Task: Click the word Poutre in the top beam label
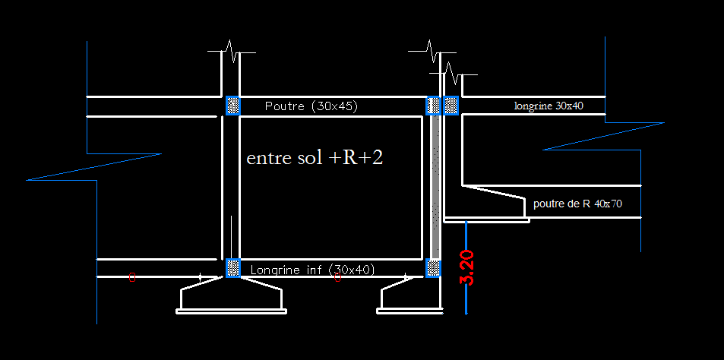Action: (285, 106)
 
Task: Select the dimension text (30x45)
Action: (335, 106)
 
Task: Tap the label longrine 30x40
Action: (549, 106)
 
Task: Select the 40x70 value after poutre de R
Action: (609, 204)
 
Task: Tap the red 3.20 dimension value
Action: (467, 268)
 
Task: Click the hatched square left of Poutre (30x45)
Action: (233, 106)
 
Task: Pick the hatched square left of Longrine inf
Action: (233, 268)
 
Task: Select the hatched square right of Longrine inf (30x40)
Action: (433, 268)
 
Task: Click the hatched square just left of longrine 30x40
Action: (451, 106)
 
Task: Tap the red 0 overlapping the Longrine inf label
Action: (337, 277)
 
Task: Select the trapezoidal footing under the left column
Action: (231, 297)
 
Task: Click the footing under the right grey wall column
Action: (410, 298)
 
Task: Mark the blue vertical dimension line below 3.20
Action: (466, 267)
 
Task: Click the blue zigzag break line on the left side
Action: (93, 166)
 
